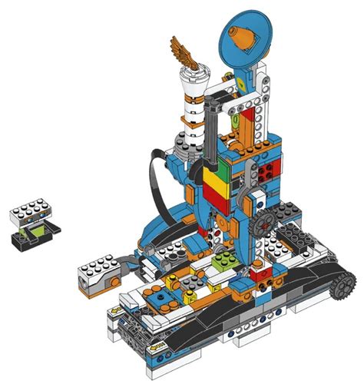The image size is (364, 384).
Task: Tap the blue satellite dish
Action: pos(248,40)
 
